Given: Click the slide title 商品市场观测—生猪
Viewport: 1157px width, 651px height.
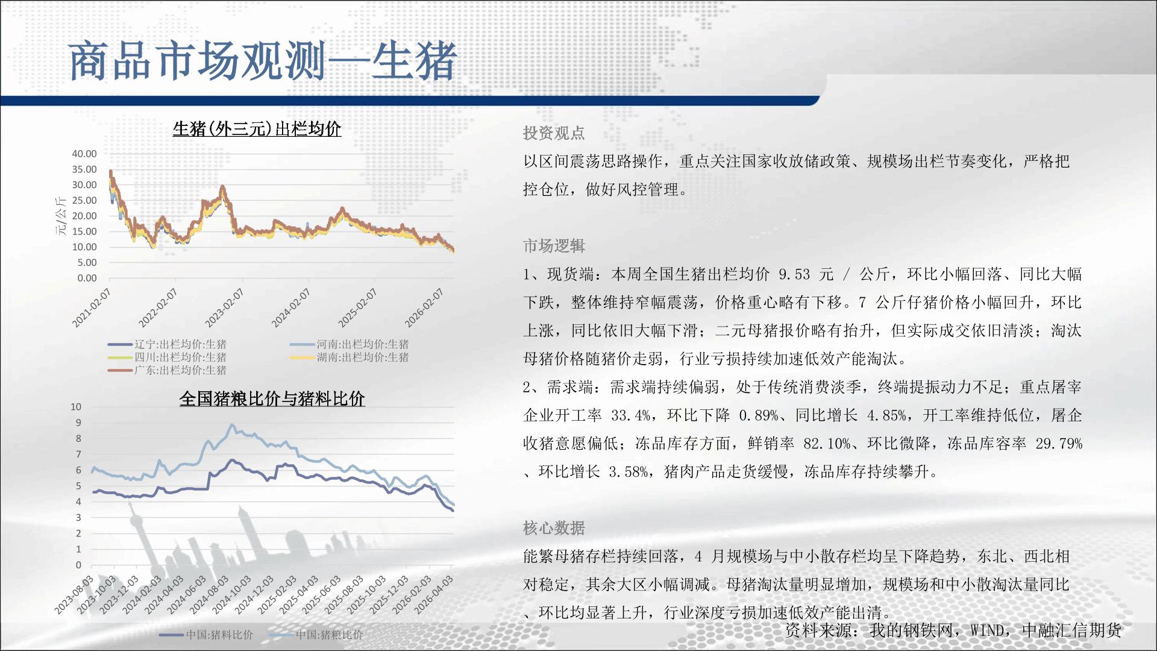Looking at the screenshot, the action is [x=263, y=61].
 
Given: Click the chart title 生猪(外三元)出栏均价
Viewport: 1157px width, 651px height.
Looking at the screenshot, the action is [x=257, y=129].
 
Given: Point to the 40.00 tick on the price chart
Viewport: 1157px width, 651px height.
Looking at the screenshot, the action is [x=84, y=154].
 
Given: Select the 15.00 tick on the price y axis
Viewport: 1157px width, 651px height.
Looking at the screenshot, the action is [x=84, y=231].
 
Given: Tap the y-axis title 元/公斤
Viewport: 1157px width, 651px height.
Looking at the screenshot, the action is [x=61, y=216].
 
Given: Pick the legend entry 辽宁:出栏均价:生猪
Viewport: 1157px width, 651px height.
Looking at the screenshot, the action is [x=168, y=344].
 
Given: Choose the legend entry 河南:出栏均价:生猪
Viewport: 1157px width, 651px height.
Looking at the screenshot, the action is [x=350, y=344].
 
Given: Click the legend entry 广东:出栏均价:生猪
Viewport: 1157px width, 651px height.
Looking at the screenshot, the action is [x=168, y=370].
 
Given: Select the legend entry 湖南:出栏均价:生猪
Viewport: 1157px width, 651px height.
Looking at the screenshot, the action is [x=350, y=357].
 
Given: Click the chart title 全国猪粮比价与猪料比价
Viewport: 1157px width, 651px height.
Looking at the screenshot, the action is [x=272, y=398].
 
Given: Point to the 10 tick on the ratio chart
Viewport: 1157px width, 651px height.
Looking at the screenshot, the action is [x=76, y=407].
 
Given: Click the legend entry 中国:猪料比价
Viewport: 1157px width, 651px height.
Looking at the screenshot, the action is [x=207, y=635].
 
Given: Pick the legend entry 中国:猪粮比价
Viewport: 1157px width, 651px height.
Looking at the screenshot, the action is [x=316, y=635].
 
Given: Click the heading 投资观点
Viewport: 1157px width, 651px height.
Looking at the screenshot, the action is [x=554, y=133].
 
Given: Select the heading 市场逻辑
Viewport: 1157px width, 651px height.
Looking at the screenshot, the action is [x=554, y=246].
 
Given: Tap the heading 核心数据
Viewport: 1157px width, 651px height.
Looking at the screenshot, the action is [x=554, y=528].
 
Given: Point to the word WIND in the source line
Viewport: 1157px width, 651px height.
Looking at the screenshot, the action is [x=987, y=631].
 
